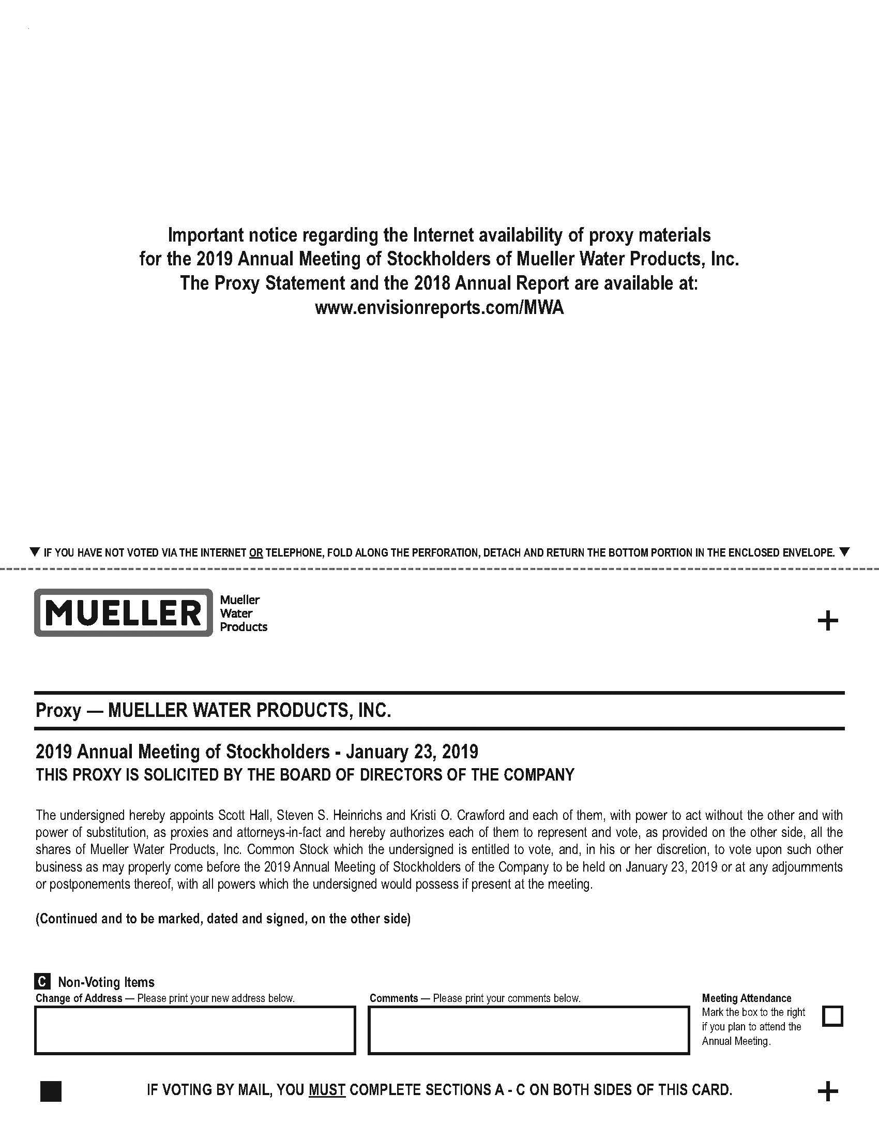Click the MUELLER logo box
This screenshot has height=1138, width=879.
click(x=124, y=613)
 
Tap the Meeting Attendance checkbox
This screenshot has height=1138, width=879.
click(x=832, y=1016)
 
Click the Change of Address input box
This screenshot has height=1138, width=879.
click(x=195, y=1030)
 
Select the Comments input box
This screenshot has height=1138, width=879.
click(x=528, y=1030)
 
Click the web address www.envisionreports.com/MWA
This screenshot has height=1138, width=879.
click(x=439, y=307)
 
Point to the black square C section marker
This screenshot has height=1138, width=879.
click(x=42, y=982)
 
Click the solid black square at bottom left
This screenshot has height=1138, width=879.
click(x=51, y=1091)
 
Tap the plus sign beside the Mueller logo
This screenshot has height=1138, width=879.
click(x=827, y=621)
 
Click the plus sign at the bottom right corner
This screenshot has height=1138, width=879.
click(x=827, y=1091)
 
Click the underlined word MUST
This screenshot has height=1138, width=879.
click(x=327, y=1089)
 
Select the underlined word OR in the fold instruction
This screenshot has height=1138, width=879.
click(x=255, y=552)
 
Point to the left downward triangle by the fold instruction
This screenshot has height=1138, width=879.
click(x=35, y=552)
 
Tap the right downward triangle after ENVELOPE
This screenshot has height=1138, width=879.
click(x=845, y=552)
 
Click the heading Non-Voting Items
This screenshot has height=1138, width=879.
click(x=106, y=982)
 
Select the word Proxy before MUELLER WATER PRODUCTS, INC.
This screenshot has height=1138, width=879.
click(x=58, y=710)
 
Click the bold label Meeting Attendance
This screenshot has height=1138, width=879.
click(x=746, y=998)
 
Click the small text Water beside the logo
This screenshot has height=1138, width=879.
click(x=236, y=613)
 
